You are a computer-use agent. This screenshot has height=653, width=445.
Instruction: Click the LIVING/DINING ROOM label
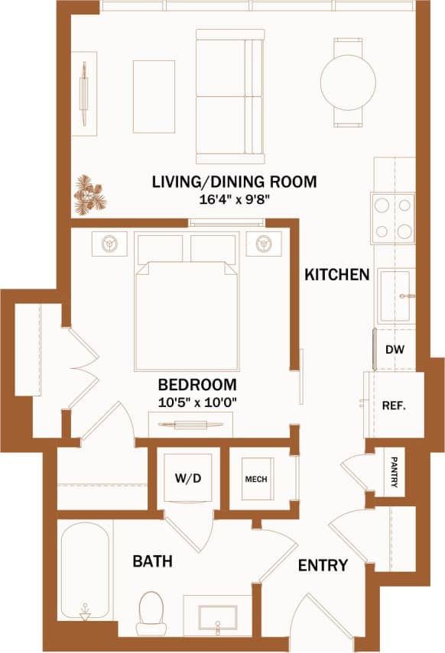pyautogui.click(x=233, y=182)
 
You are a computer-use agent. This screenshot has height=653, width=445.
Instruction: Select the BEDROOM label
pyautogui.click(x=197, y=384)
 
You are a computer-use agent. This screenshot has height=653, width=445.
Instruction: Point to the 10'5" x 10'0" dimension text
pyautogui.click(x=197, y=402)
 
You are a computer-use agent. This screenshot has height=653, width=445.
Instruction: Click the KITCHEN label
pyautogui.click(x=337, y=274)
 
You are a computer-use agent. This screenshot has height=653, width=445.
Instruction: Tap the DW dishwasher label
pyautogui.click(x=395, y=350)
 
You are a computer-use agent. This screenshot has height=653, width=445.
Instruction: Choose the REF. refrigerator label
pyautogui.click(x=393, y=406)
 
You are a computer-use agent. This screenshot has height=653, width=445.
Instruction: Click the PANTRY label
pyautogui.click(x=395, y=474)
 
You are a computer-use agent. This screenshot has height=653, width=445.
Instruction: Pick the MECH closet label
pyautogui.click(x=255, y=480)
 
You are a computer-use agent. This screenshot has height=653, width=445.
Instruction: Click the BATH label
pyautogui.click(x=152, y=561)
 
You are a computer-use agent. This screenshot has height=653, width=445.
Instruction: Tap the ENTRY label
pyautogui.click(x=323, y=566)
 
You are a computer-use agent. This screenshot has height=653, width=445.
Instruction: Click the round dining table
pyautogui.click(x=348, y=82)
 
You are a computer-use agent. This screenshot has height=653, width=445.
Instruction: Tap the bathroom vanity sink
pyautogui.click(x=218, y=617)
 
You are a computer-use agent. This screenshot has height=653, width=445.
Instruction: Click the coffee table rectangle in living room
pyautogui.click(x=154, y=96)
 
